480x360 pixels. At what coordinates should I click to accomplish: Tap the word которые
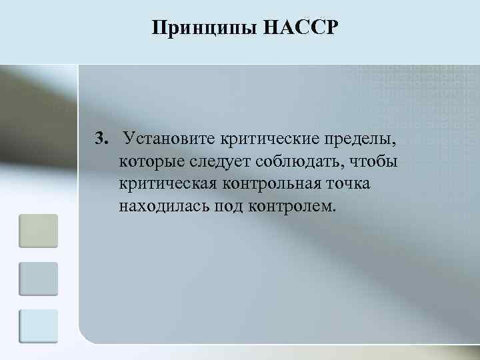click(x=153, y=162)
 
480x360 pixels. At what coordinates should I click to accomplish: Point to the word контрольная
click(x=273, y=183)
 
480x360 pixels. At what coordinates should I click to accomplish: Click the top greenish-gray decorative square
click(x=38, y=231)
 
